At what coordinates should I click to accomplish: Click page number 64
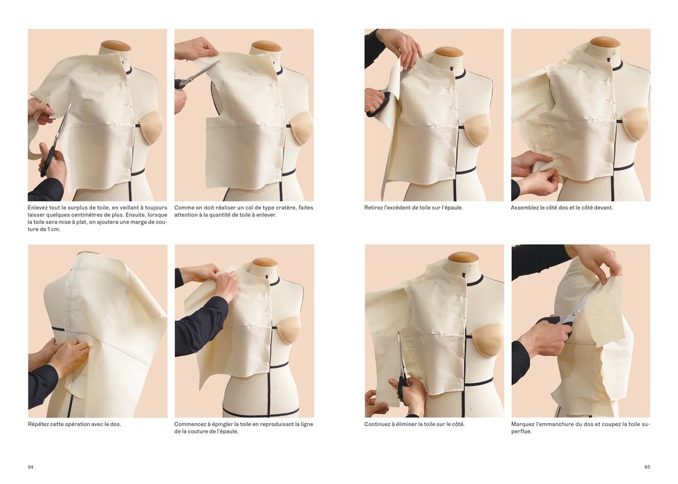tap(30, 467)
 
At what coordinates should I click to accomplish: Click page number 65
tap(648, 467)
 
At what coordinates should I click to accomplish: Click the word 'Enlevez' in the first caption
tap(37, 208)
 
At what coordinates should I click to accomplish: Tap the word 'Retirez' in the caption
tap(373, 208)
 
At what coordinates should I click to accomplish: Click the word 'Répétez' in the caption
tap(38, 425)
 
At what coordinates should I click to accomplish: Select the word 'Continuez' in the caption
tap(376, 425)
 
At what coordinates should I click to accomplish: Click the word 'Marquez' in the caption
tap(522, 425)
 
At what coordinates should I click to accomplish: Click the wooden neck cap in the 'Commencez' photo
tap(264, 262)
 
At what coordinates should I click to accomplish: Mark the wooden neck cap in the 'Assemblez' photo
tap(605, 42)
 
